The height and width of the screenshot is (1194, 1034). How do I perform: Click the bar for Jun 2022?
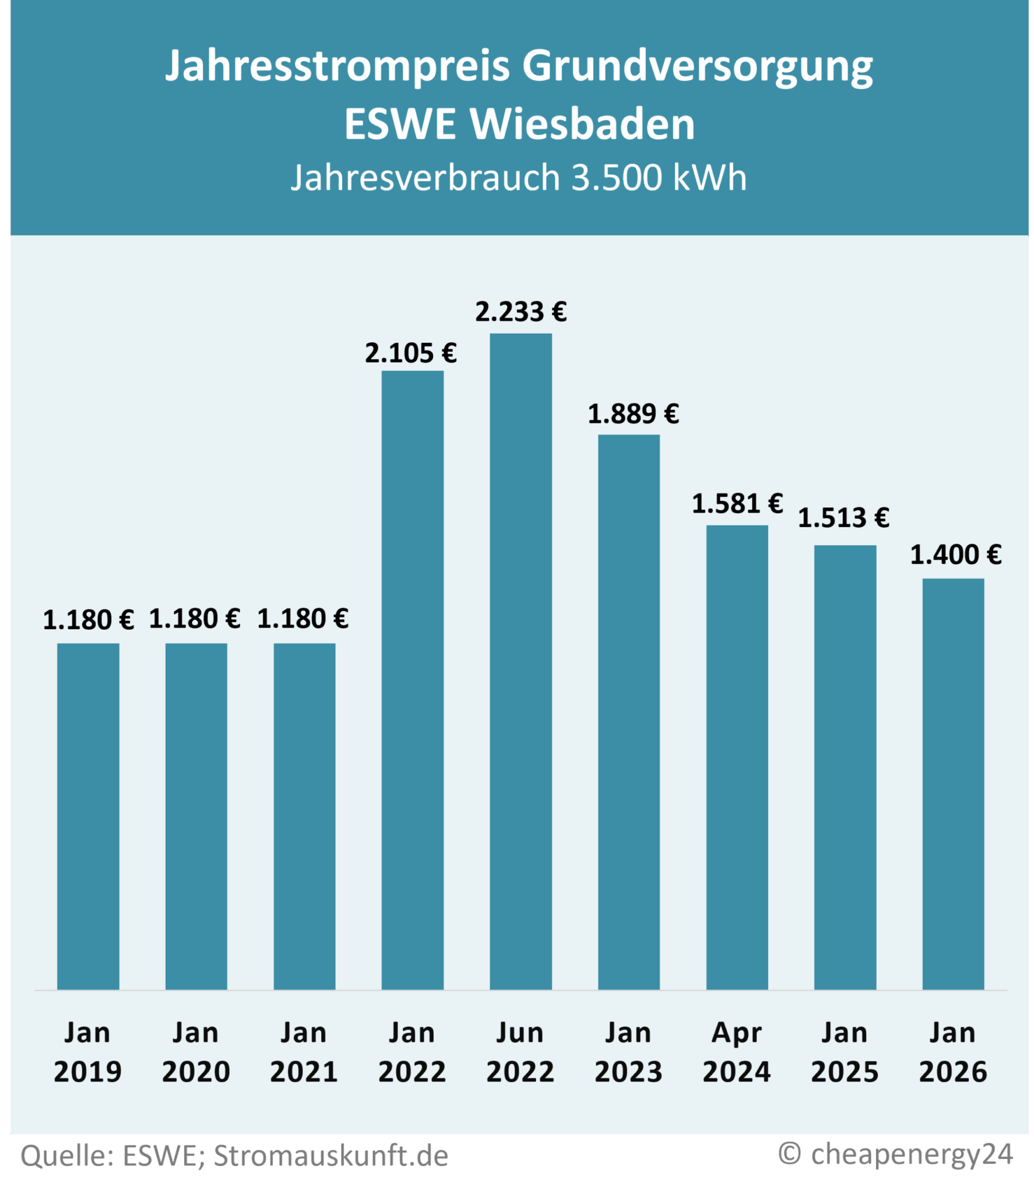(x=520, y=662)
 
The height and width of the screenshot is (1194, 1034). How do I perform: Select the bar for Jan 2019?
(x=88, y=817)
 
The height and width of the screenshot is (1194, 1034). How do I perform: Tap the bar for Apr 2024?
(x=737, y=758)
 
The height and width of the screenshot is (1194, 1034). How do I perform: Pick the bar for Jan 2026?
(x=953, y=784)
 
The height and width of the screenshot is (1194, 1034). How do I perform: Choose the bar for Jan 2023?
(x=629, y=712)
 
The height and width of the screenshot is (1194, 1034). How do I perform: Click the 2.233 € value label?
(x=520, y=312)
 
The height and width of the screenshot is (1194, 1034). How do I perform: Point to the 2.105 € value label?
(x=411, y=353)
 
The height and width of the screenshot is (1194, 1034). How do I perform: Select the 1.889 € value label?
(x=633, y=415)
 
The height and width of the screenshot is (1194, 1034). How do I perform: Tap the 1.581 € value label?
(x=737, y=504)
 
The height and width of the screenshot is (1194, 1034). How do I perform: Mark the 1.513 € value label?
(x=843, y=518)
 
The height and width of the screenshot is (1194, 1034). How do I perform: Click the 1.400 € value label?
(x=956, y=554)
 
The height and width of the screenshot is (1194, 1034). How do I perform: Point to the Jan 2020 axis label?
(x=196, y=1053)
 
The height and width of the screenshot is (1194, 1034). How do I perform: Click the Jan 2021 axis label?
(x=304, y=1053)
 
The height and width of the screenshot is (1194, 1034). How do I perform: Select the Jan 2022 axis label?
(x=412, y=1053)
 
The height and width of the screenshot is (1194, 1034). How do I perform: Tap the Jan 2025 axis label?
(x=845, y=1053)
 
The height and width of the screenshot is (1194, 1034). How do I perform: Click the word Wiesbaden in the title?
(x=582, y=124)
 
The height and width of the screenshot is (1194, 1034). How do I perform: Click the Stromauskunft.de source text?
(x=330, y=1156)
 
